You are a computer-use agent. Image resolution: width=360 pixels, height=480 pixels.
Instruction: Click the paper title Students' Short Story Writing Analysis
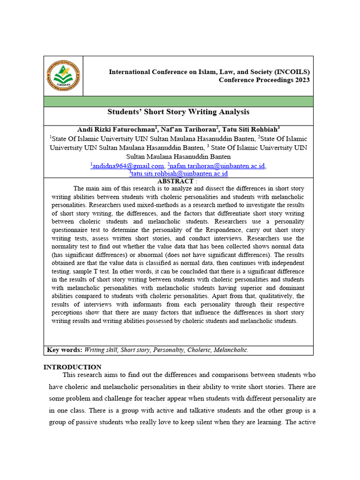click(x=179, y=112)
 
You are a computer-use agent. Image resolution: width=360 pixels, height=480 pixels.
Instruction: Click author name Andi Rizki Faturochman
click(x=115, y=129)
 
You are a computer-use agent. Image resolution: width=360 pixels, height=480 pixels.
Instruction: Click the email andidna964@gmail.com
click(x=128, y=165)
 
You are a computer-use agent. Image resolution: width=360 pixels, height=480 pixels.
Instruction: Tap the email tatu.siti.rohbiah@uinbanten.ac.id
click(x=179, y=173)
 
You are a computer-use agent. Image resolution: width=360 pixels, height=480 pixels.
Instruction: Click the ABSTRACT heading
click(x=175, y=181)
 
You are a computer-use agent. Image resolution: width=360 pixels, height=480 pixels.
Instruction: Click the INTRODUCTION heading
click(x=72, y=367)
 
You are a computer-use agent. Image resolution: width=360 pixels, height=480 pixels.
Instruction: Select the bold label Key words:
click(x=65, y=350)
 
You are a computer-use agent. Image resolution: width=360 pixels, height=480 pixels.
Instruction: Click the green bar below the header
click(x=179, y=101)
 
